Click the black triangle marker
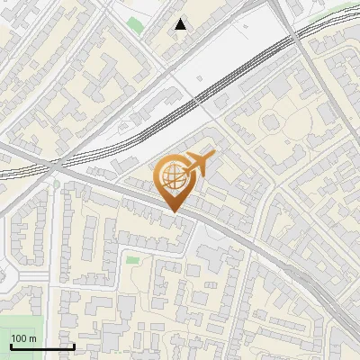tap(182, 24)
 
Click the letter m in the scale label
tap(33, 338)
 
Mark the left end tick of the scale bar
tap(10, 346)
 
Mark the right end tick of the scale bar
tap(74, 346)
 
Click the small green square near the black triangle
tap(134, 23)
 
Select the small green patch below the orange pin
tap(132, 260)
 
